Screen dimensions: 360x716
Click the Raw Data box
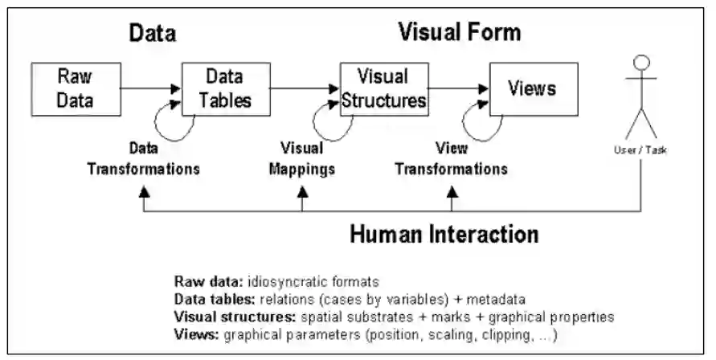[x=76, y=88]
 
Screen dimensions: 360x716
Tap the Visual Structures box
[x=382, y=88]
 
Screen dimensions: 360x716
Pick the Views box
[x=532, y=88]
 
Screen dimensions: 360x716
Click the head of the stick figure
[x=640, y=63]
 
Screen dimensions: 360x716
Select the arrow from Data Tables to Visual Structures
[x=303, y=88]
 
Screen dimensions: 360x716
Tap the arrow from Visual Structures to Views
[x=459, y=88]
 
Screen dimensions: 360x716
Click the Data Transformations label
[x=144, y=159]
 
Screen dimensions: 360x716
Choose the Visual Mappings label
[x=301, y=159]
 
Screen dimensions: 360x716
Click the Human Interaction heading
[x=444, y=235]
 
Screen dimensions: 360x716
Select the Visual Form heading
[x=460, y=32]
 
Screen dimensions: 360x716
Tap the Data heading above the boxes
[x=153, y=33]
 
